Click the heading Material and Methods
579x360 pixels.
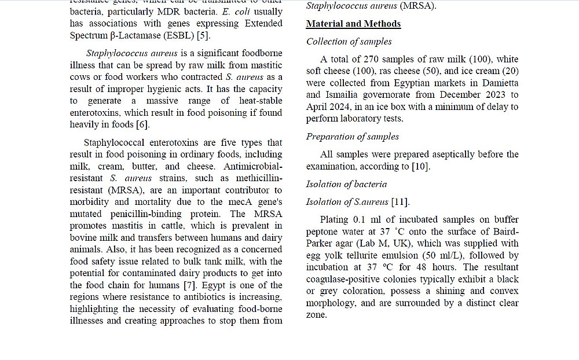[353, 24]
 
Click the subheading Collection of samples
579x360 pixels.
[349, 42]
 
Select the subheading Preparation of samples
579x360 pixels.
[353, 137]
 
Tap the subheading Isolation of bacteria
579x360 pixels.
[346, 184]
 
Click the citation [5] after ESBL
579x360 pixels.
[203, 35]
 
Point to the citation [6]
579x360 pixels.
[142, 124]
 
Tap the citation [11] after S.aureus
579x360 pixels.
[400, 202]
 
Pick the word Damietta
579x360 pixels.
[499, 83]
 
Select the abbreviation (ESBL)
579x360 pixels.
[177, 35]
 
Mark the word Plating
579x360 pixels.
[334, 220]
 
